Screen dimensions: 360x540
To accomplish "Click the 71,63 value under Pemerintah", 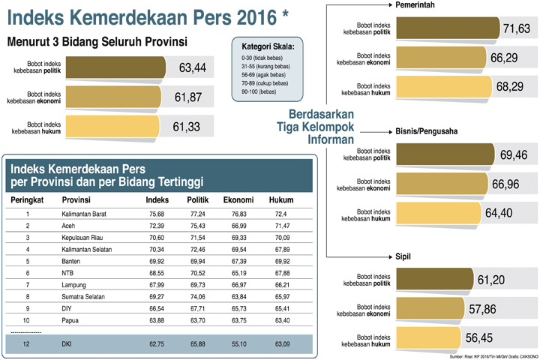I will coord(517,28).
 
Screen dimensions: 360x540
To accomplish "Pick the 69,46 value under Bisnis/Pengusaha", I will coord(514,155).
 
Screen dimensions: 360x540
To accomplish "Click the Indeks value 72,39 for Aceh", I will coord(157,226).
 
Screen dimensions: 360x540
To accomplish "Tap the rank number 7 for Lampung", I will coord(27,285).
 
